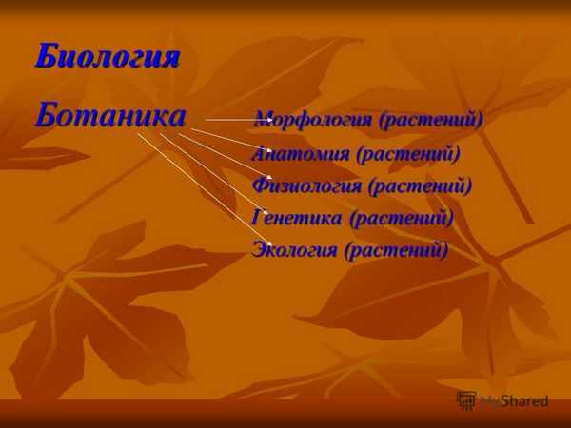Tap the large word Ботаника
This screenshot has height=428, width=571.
point(110,116)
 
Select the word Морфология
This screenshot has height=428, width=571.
point(313,121)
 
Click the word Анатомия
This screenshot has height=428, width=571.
point(299,153)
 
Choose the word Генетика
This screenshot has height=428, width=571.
point(297,218)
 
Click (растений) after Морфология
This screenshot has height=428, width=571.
point(431,121)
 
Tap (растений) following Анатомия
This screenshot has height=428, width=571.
point(407,153)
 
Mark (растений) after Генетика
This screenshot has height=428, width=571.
point(401,218)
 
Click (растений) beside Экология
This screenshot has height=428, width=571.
point(395,250)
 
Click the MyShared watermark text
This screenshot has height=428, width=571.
point(514,401)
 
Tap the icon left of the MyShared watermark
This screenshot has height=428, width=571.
point(466,400)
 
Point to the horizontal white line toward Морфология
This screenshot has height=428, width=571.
point(228,120)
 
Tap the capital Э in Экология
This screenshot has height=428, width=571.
point(259,250)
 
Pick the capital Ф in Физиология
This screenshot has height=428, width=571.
point(260,185)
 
